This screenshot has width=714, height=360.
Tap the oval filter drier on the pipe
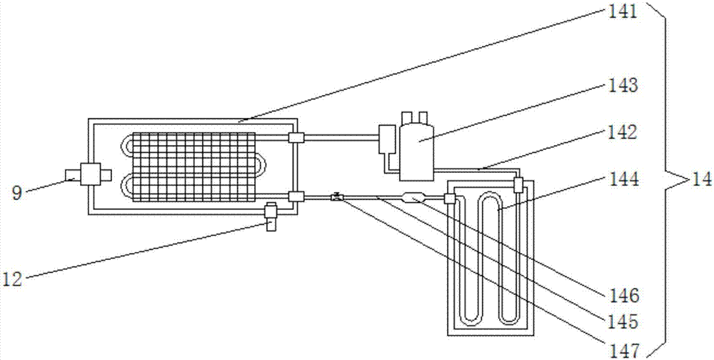pos(415,197)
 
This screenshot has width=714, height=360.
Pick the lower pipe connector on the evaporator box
pos(296,197)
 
